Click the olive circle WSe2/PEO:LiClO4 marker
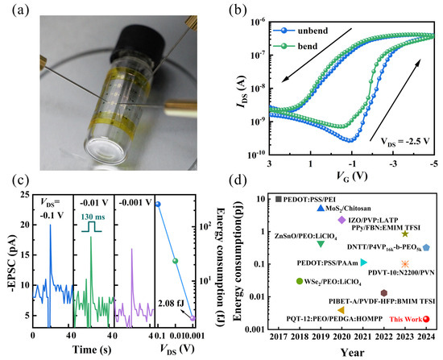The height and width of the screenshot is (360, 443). click(x=300, y=282)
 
